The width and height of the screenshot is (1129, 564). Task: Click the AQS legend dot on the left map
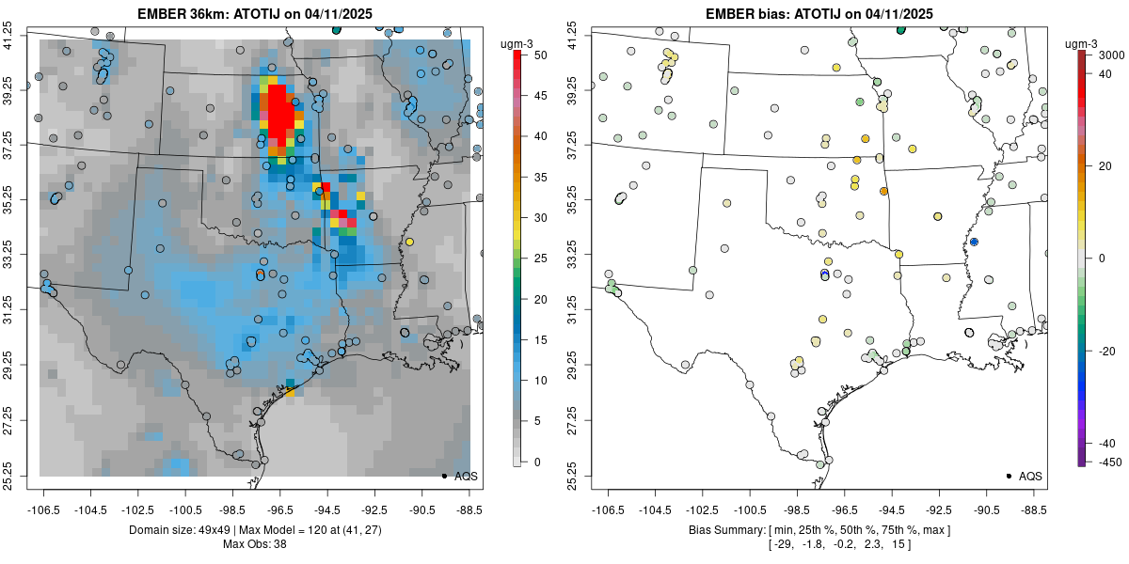[443, 476]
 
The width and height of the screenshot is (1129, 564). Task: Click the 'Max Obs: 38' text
[255, 544]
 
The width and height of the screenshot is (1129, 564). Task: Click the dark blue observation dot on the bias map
[974, 242]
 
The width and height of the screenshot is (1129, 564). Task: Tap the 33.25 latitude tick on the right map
[576, 255]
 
